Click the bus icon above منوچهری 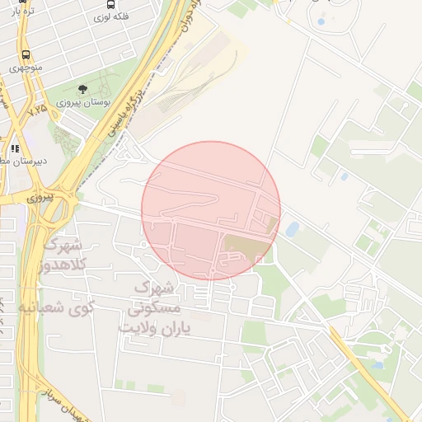click(26, 55)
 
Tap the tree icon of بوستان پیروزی click(82, 89)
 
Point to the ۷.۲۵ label click(37, 109)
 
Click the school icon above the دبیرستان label click(15, 148)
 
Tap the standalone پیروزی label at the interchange click(39, 199)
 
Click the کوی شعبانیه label click(56, 309)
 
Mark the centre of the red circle click(211, 210)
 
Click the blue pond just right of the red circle click(293, 228)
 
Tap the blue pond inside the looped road click(321, 19)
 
